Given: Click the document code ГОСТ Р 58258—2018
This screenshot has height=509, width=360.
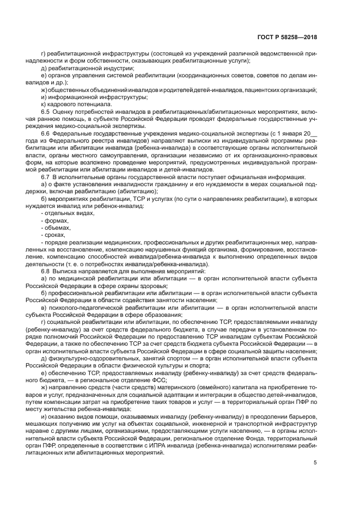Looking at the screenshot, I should pyautogui.click(x=287, y=38).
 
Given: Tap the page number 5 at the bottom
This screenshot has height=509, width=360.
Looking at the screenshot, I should pyautogui.click(x=315, y=463).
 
